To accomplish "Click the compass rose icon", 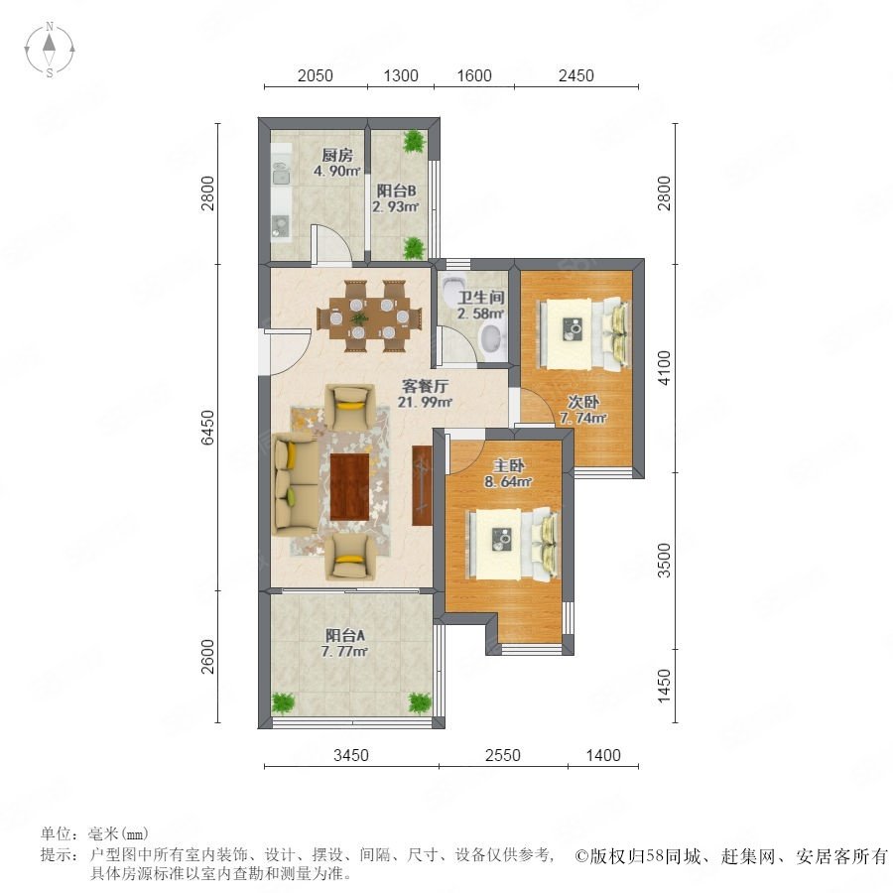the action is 50,50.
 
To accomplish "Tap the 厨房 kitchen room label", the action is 337,155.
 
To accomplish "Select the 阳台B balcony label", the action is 396,191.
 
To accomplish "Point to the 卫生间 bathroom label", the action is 481,298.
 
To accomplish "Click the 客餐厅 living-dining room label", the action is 425,386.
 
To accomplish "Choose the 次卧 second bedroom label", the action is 583,402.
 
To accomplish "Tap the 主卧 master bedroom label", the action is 509,466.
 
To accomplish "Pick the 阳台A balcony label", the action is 344,635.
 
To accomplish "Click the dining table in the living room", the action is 370,317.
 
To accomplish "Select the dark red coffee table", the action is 350,486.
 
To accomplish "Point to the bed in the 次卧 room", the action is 583,332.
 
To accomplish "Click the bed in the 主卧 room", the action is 512,544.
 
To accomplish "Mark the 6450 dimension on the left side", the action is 208,427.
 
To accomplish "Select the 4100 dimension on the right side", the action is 664,368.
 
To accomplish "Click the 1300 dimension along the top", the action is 401,75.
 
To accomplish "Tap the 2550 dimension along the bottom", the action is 503,755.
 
